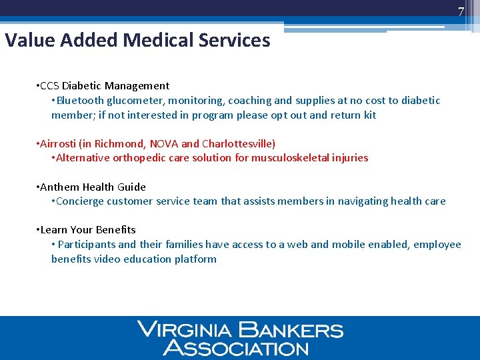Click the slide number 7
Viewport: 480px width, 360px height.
pyautogui.click(x=461, y=11)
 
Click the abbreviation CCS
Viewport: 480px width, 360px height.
pyautogui.click(x=50, y=86)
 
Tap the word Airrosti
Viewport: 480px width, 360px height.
pyautogui.click(x=59, y=144)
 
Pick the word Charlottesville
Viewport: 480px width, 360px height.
pyautogui.click(x=237, y=144)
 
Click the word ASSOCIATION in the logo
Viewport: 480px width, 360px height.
pyautogui.click(x=236, y=347)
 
